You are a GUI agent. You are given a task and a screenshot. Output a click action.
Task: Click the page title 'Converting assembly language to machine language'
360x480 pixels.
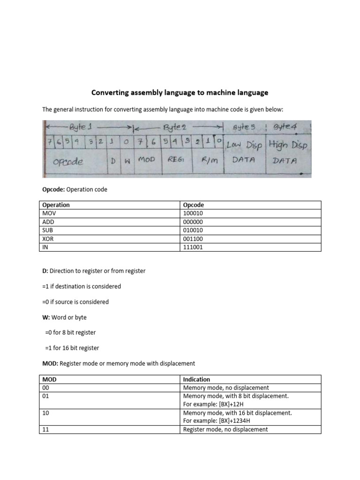(x=180, y=92)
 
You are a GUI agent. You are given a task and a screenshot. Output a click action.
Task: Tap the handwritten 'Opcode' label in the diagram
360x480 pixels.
(x=68, y=161)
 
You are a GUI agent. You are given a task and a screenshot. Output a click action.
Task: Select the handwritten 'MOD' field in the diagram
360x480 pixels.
(x=146, y=160)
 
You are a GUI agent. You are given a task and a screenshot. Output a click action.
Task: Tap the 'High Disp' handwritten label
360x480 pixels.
(x=288, y=145)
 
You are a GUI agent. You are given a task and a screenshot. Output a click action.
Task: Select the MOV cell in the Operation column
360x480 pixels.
(x=49, y=213)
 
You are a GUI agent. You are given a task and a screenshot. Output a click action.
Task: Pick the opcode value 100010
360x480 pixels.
(x=193, y=213)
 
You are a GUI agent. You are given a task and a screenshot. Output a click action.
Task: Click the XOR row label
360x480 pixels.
(x=49, y=239)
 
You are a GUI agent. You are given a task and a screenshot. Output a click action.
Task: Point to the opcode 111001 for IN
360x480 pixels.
(x=193, y=247)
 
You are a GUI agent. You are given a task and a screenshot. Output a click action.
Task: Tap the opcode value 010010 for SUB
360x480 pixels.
(x=193, y=230)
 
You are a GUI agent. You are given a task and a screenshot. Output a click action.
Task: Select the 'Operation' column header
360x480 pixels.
(x=56, y=205)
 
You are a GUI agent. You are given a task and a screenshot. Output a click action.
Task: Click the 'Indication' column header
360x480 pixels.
(x=196, y=379)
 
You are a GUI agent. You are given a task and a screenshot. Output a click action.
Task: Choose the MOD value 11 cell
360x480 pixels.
(x=45, y=429)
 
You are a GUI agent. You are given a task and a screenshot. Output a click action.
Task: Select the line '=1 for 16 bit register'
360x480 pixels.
(x=72, y=348)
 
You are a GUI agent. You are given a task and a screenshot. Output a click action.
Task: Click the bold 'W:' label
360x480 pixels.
(x=46, y=317)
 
